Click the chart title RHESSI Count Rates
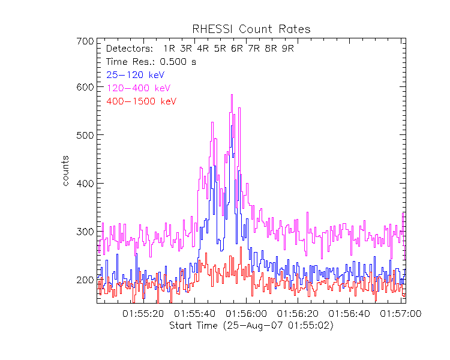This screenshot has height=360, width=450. tap(251, 29)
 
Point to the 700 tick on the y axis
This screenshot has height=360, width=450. tap(85, 41)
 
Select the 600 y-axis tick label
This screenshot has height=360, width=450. tap(85, 87)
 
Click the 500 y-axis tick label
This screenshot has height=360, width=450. tap(85, 135)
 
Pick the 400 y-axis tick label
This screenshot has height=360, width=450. tap(85, 183)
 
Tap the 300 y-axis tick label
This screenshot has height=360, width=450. tap(85, 232)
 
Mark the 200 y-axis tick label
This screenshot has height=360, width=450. tap(85, 280)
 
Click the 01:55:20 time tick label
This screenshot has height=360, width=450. tap(143, 314)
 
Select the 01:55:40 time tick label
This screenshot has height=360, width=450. tap(195, 314)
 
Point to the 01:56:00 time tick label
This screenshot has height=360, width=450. tap(247, 314)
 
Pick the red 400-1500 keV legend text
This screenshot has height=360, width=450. tap(141, 101)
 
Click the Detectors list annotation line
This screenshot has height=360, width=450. tap(200, 49)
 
